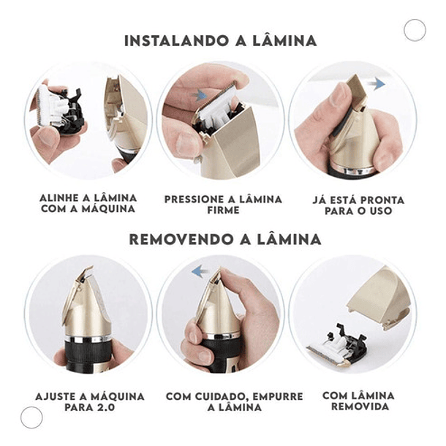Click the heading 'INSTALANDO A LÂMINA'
point(220,40)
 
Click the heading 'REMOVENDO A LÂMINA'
point(224,239)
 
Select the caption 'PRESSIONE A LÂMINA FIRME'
point(222,204)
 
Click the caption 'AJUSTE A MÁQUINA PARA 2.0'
point(89,401)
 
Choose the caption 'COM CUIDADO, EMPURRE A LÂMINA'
point(234,401)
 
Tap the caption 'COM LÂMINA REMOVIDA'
point(358,401)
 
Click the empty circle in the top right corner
point(415,30)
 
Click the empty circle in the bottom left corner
point(31,417)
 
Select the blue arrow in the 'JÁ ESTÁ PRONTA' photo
point(377,85)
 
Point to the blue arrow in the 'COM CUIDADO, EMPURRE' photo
point(197,272)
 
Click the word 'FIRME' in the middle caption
point(223,210)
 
